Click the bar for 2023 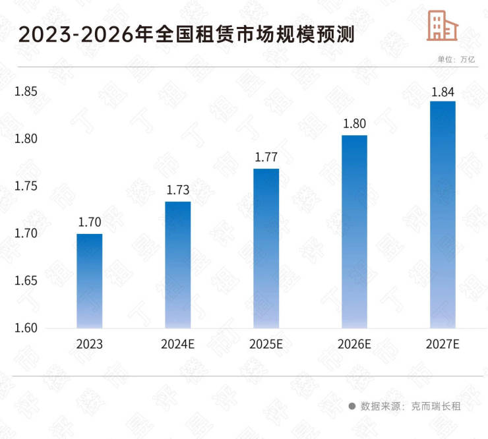pos(89,281)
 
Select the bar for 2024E pos(177,265)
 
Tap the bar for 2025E pos(266,249)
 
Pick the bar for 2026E pos(354,231)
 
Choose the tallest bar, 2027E pos(442,214)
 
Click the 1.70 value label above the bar pos(89,222)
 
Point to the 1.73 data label pos(177,190)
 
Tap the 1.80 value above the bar pos(354,123)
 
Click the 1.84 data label pos(442,91)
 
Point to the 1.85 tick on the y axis pos(27,92)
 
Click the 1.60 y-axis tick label pos(27,328)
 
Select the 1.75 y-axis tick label pos(27,187)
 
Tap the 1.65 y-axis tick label pos(27,281)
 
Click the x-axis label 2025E pos(266,344)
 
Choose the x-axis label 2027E pos(442,344)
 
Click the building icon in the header pos(442,25)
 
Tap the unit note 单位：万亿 pos(456,59)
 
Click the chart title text pos(186,34)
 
